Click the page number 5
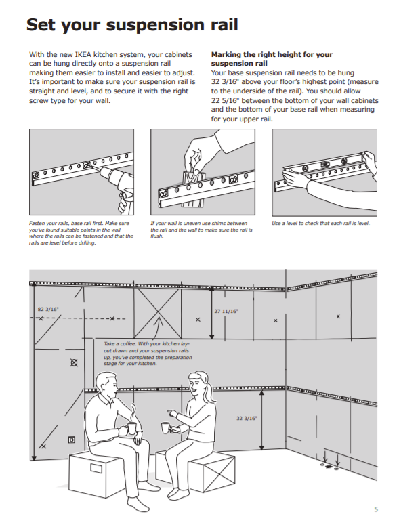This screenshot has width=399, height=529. [x=376, y=509]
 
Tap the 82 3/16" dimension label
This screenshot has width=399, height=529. [x=48, y=309]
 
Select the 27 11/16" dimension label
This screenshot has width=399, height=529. [x=226, y=311]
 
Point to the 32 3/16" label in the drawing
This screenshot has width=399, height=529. [x=247, y=419]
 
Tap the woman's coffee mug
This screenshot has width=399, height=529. [x=165, y=427]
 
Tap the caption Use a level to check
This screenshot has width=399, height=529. [x=320, y=224]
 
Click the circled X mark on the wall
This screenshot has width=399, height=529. [x=74, y=362]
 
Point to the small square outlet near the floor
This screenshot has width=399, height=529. [x=71, y=440]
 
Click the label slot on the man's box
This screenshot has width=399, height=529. [x=96, y=469]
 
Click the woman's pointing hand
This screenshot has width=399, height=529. [x=173, y=412]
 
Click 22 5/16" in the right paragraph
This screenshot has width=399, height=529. [x=226, y=100]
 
